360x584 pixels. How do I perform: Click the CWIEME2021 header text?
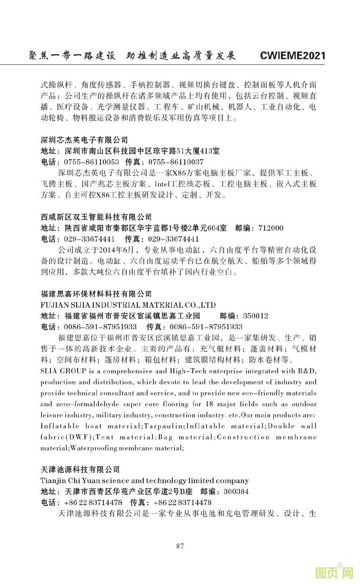point(292,55)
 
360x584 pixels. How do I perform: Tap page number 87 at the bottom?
point(180,546)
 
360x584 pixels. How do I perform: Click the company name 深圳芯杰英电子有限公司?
point(84,140)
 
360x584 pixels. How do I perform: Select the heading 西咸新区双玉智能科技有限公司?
point(96,217)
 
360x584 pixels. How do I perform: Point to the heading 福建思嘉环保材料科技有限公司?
point(96,294)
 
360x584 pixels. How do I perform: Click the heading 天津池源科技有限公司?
point(80,469)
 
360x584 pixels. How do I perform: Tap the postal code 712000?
point(271,228)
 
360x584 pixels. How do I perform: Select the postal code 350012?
point(256,316)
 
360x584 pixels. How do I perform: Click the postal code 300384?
point(236,491)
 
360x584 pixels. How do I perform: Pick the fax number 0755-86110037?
point(176,162)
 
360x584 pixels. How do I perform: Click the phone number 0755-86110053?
point(91,162)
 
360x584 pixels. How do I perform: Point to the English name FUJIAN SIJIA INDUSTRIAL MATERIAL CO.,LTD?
point(128,305)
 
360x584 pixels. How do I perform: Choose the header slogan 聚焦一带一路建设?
point(72,55)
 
